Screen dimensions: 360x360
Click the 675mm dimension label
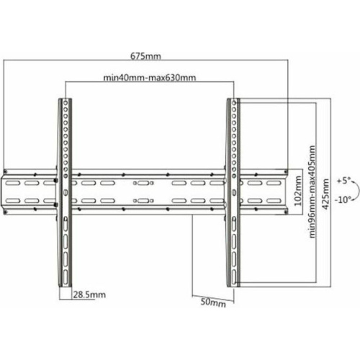pyautogui.click(x=145, y=56)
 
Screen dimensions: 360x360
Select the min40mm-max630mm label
pyautogui.click(x=150, y=78)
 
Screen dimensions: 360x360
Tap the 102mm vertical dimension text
pyautogui.click(x=298, y=191)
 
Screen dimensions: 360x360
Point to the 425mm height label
pyautogui.click(x=325, y=194)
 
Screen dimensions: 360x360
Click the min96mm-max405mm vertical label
pyautogui.click(x=312, y=192)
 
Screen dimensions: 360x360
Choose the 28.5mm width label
pyautogui.click(x=89, y=294)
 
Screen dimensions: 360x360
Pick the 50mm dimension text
pyautogui.click(x=213, y=302)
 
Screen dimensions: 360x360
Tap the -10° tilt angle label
pyautogui.click(x=343, y=199)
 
